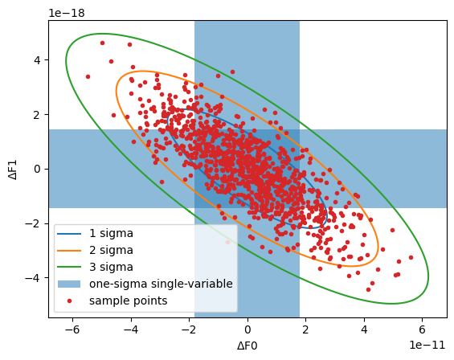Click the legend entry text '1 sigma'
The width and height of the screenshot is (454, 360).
pos(112,234)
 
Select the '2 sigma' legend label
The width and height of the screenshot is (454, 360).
pos(112,250)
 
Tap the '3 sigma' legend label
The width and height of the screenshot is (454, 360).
pos(112,267)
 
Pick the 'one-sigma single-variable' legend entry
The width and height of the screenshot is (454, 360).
pos(161,284)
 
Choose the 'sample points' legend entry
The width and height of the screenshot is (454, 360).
pos(129,301)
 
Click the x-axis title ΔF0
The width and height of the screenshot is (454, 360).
pos(247,346)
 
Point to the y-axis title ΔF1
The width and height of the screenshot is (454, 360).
pos(12,169)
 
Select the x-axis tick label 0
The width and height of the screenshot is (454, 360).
pos(247,329)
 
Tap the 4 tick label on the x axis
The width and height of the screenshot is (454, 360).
pos(364,329)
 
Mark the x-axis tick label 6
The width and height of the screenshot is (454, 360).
pos(423,329)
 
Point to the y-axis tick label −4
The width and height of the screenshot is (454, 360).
pos(34,278)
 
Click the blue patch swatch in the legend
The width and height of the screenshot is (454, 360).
pos(70,284)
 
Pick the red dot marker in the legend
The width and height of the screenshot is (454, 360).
pos(70,301)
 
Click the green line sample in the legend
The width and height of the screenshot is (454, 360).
pos(70,267)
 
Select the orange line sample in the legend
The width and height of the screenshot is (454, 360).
pos(70,250)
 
